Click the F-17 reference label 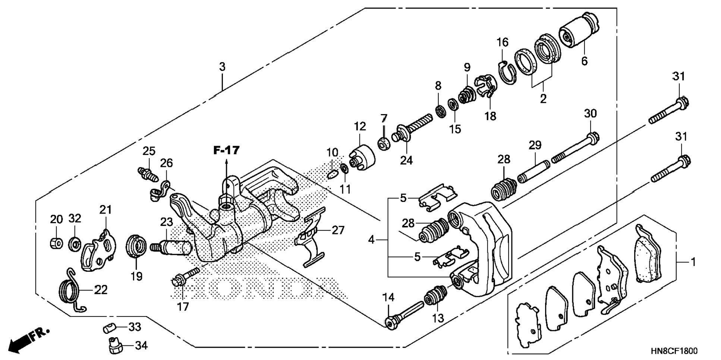[226, 151]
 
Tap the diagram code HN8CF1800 [674, 351]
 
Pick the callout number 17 [183, 307]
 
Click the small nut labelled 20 [55, 243]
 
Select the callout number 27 [338, 230]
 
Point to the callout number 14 [388, 297]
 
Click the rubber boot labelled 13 [435, 297]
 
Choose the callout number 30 [590, 113]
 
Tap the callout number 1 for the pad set [693, 262]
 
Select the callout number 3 [222, 67]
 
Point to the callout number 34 [141, 345]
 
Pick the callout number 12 [360, 126]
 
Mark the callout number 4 [371, 240]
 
